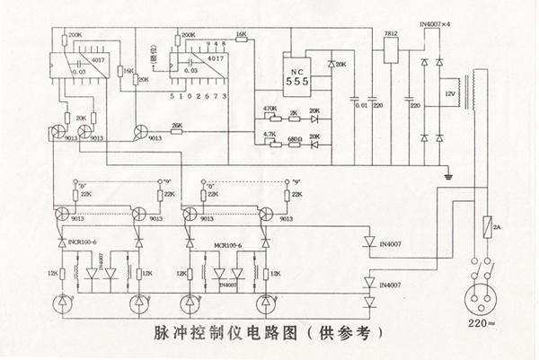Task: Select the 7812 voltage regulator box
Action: click(391, 49)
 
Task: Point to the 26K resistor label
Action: click(176, 126)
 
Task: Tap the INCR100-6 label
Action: click(83, 242)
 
